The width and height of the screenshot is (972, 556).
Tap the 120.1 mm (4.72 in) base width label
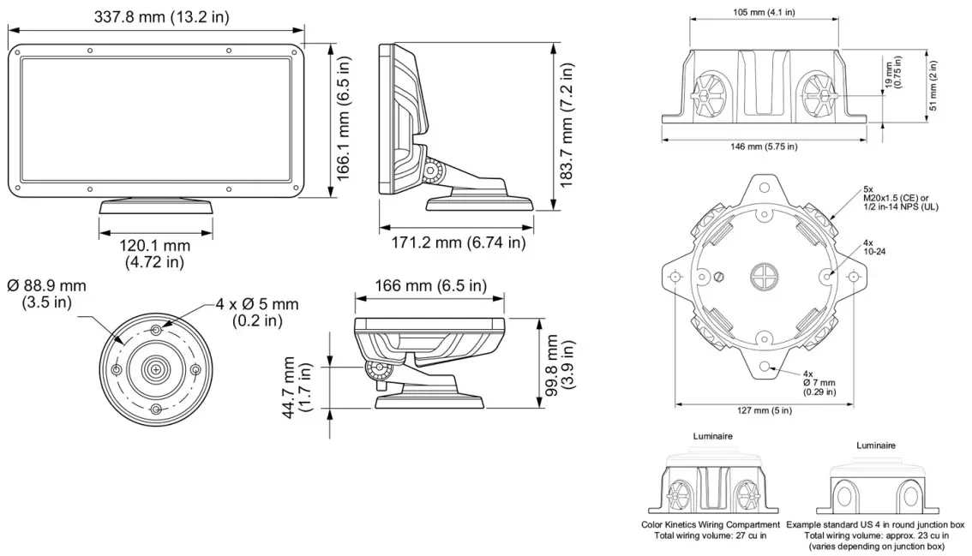pos(154,254)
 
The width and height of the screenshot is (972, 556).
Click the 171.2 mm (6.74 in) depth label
pos(458,243)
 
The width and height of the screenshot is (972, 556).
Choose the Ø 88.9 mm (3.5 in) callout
pos(46,294)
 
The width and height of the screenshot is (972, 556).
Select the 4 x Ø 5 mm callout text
pos(257,312)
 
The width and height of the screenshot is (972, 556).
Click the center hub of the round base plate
pos(155,369)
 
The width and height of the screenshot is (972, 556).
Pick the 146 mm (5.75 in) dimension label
pos(764,146)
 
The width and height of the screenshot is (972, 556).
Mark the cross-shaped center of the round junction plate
pos(763,276)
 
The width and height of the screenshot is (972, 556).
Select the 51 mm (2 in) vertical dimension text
pos(933,85)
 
